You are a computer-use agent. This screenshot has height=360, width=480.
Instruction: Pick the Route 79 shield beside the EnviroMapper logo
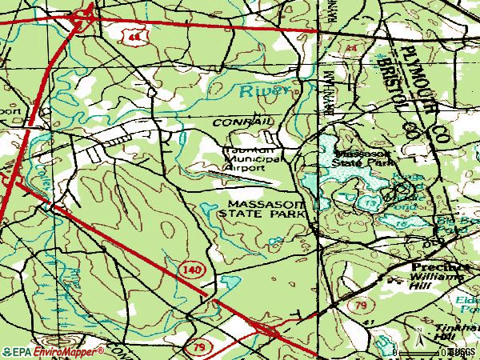198,346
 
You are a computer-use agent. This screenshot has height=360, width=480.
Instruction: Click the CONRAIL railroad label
244,121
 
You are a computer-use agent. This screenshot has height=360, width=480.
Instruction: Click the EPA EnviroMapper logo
53,351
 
